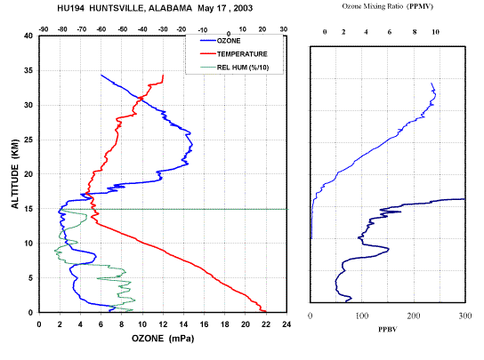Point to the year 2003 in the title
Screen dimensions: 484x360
(x=243, y=8)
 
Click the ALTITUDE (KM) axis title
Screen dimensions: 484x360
(x=15, y=174)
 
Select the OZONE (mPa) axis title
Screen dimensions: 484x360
(x=163, y=339)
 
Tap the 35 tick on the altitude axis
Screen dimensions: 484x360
(x=28, y=70)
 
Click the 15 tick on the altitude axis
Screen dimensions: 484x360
(x=28, y=209)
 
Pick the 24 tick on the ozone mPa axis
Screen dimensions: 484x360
(x=286, y=324)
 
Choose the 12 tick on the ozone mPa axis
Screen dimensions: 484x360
(x=163, y=324)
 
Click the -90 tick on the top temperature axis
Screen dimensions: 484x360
(x=44, y=29)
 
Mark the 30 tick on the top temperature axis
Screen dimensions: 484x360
(x=284, y=29)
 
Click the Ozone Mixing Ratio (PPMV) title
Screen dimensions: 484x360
(x=387, y=6)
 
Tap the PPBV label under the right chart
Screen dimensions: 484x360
(x=388, y=330)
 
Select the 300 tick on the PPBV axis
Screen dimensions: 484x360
(x=464, y=316)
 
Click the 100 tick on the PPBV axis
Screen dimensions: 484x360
(x=362, y=316)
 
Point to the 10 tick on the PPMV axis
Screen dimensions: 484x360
(x=435, y=32)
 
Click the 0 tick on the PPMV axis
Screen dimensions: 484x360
(x=325, y=32)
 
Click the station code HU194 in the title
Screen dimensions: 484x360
(x=70, y=8)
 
